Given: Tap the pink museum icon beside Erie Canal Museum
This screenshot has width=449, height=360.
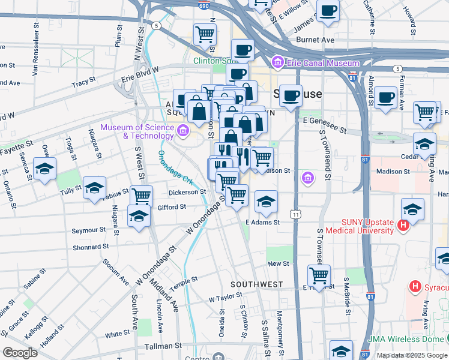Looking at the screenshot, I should pyautogui.click(x=278, y=62).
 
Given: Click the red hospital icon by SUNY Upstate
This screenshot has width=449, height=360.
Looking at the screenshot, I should pyautogui.click(x=403, y=226).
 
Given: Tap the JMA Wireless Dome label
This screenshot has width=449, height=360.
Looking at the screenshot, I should pyautogui.click(x=409, y=338).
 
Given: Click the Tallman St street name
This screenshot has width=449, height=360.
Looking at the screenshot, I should pyautogui.click(x=163, y=346).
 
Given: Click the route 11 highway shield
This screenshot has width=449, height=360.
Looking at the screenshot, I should pyautogui.click(x=295, y=214).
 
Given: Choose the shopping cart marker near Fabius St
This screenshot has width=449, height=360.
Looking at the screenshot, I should pyautogui.click(x=141, y=196).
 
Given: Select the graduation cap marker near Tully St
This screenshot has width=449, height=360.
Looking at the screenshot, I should pyautogui.click(x=94, y=187).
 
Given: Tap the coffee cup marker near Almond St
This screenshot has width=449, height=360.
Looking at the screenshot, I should pyautogui.click(x=385, y=97).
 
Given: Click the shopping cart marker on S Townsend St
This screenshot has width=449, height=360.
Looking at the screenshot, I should pyautogui.click(x=319, y=275).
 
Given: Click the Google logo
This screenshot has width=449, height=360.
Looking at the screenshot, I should pyautogui.click(x=20, y=353).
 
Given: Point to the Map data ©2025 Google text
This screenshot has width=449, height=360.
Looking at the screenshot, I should pyautogui.click(x=411, y=355).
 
